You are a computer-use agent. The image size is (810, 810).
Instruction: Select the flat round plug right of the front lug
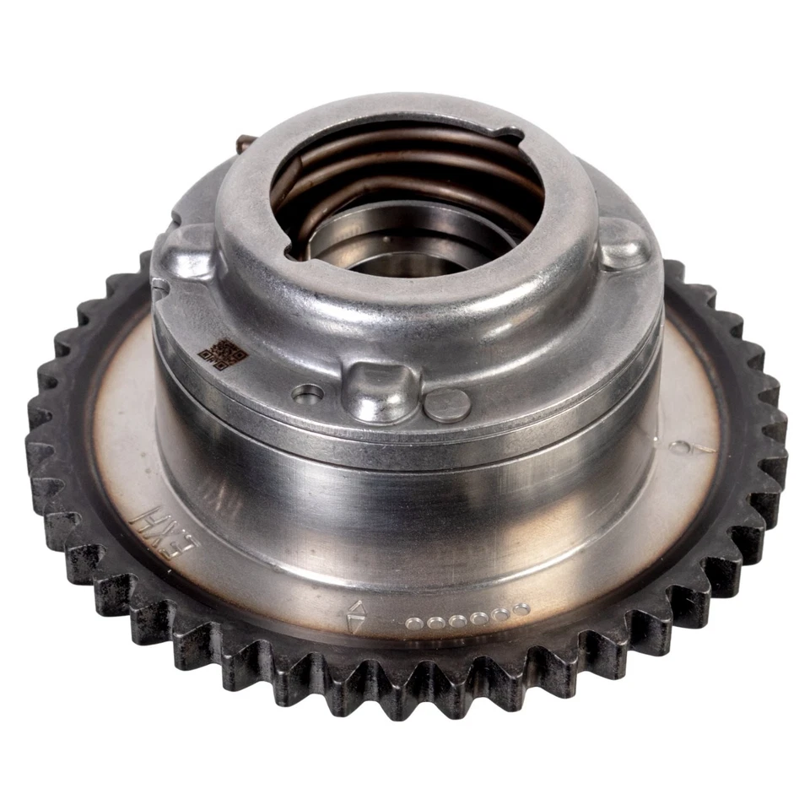(447, 405)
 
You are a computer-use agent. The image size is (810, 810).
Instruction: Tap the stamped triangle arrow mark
(356, 617)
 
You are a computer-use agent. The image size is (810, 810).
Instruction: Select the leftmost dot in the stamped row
(413, 625)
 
